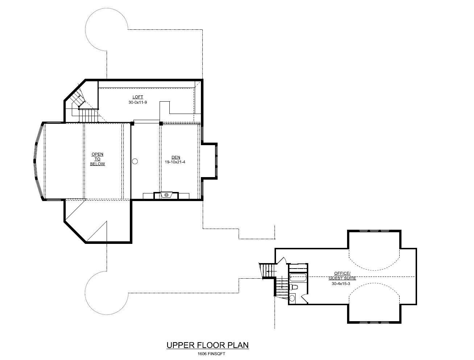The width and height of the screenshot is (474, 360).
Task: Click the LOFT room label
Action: coord(137,97)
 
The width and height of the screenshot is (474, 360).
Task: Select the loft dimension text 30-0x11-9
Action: coord(137,102)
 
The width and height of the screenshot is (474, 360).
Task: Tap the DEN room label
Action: coord(176,157)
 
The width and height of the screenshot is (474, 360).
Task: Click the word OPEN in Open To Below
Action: coord(97,154)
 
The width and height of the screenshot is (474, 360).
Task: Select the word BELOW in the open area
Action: coord(97,164)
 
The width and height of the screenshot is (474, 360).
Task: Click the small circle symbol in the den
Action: coord(135,161)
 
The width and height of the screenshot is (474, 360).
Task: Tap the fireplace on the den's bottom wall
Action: coord(166,195)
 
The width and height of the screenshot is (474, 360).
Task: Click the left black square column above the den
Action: coord(132,124)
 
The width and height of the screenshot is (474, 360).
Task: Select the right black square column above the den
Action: coord(161,123)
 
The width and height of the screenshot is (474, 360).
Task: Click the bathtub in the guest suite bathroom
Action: coord(298,278)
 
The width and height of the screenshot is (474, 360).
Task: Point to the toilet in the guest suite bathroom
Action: coord(294,287)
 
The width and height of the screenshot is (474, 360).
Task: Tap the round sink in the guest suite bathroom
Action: coord(292,299)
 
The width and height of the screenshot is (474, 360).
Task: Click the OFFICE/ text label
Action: coord(342,273)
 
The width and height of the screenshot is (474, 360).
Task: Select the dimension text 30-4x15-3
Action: coord(341,284)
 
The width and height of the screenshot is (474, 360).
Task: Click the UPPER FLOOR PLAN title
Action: coord(207,345)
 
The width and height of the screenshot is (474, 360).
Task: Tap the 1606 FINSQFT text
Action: coord(207,353)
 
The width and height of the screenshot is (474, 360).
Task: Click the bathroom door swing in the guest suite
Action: coord(305,298)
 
